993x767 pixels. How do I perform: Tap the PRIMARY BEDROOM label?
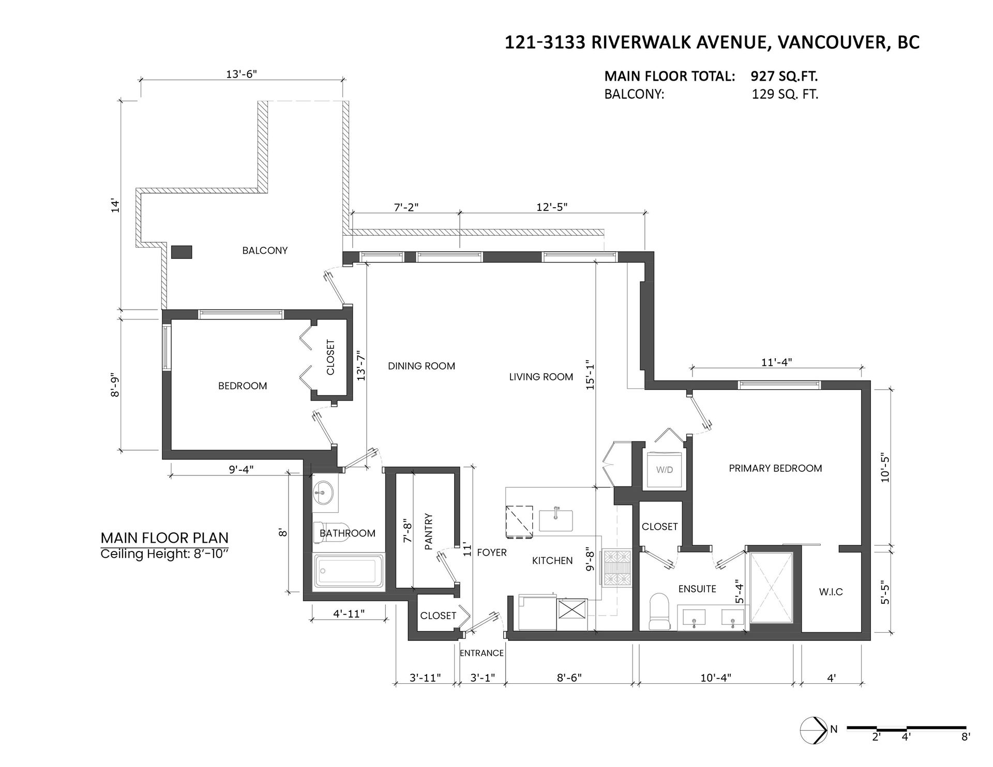tap(775, 468)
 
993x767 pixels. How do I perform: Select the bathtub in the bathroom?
tap(350, 573)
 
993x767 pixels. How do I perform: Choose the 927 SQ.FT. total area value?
tap(784, 76)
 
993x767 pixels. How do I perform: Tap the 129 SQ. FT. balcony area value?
tap(785, 95)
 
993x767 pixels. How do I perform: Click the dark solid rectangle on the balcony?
tap(182, 252)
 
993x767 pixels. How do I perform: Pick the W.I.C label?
tap(831, 592)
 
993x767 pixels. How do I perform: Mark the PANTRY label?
tap(428, 531)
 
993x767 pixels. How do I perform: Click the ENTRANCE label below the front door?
tap(482, 653)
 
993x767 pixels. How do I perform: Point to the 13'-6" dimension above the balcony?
tap(242, 74)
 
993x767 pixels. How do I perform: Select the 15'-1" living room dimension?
tap(590, 374)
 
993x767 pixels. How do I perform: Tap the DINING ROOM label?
tap(422, 366)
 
